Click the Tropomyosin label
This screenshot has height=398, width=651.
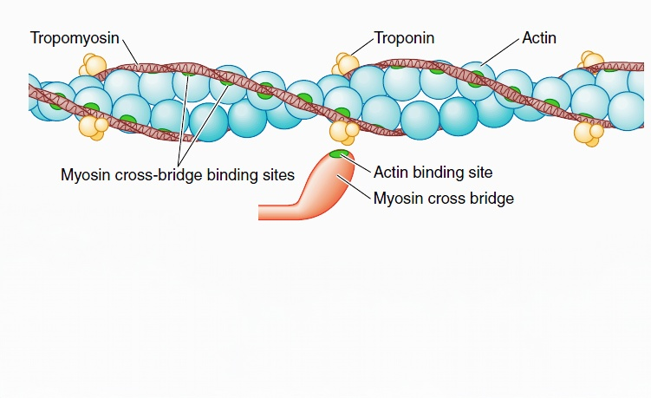(x=75, y=38)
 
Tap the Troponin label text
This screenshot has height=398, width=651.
(x=404, y=38)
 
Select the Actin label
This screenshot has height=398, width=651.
(x=539, y=38)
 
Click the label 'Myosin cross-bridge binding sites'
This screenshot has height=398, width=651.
(x=178, y=173)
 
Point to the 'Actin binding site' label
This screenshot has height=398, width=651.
(x=433, y=173)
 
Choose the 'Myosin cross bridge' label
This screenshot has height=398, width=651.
(x=443, y=199)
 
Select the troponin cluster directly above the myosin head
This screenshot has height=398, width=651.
(x=344, y=131)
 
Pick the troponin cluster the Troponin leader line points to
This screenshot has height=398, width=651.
(x=346, y=63)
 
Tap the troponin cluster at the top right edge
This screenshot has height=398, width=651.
(x=592, y=61)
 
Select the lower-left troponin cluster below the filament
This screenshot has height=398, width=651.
(x=93, y=127)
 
